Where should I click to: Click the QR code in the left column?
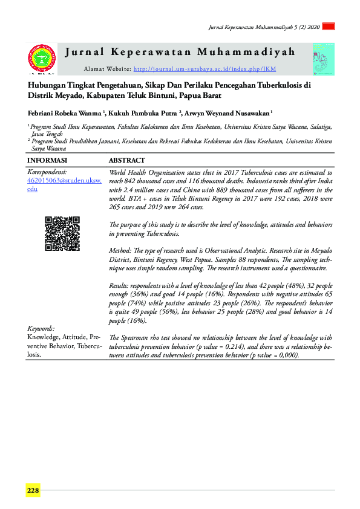[x=62, y=233]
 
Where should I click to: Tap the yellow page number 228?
[x=33, y=490]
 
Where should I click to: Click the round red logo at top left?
[x=42, y=60]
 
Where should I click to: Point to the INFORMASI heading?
[x=47, y=160]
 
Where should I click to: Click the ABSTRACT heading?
[x=126, y=160]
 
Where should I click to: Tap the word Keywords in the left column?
[x=41, y=328]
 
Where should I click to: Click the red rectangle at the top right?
[x=329, y=27]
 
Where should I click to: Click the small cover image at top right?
[x=323, y=60]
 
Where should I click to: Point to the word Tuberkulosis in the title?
[x=275, y=86]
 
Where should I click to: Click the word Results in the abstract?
[x=119, y=284]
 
